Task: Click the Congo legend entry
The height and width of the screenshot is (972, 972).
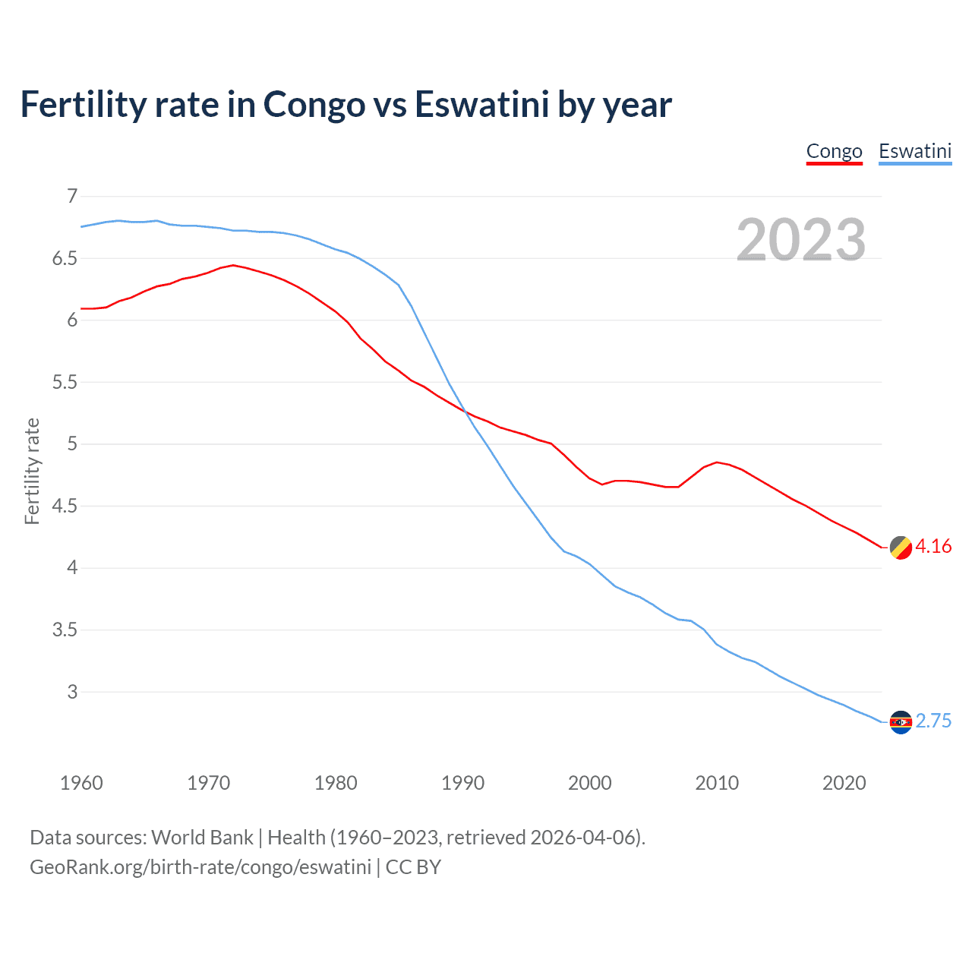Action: pos(834,151)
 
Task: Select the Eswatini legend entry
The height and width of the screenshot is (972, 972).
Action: pos(914,151)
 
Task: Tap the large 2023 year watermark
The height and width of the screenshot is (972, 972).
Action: pos(800,240)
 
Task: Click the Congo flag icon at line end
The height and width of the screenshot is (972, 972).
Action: pos(900,548)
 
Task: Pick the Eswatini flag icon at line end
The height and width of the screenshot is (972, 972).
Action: pos(900,722)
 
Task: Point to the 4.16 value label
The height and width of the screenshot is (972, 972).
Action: pos(933,547)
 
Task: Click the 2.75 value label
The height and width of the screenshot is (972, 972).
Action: pos(933,721)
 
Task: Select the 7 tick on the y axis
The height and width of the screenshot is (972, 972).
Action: pos(72,197)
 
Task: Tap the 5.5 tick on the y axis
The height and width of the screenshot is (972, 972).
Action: pos(65,382)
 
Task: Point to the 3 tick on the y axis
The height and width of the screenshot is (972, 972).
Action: pos(72,692)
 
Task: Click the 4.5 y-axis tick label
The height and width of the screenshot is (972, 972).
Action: pos(65,506)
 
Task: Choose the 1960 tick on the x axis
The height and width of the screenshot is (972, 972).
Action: pos(81,783)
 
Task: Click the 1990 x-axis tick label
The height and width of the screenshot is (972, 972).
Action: pos(462,783)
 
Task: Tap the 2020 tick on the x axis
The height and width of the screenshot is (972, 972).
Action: pos(844,783)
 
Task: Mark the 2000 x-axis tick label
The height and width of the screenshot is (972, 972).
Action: pos(589,783)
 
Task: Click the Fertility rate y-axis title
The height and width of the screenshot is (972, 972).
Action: pos(32,471)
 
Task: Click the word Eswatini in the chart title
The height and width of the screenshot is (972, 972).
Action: pos(481,105)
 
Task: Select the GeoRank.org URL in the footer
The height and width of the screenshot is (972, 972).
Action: pos(200,867)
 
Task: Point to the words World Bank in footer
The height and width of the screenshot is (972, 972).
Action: pos(202,838)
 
